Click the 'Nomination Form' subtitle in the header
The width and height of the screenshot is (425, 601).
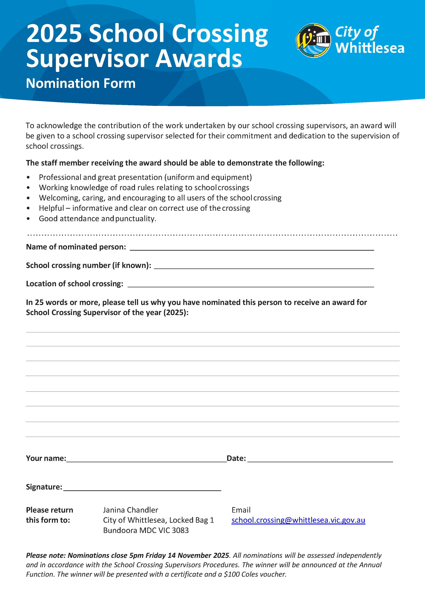pos(81,83)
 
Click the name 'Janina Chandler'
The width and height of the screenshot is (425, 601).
pos(130,510)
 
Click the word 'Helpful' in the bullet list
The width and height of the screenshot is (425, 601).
pos(51,208)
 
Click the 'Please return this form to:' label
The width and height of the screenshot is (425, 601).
pos(50,515)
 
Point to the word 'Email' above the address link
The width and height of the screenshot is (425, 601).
pos(241,510)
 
